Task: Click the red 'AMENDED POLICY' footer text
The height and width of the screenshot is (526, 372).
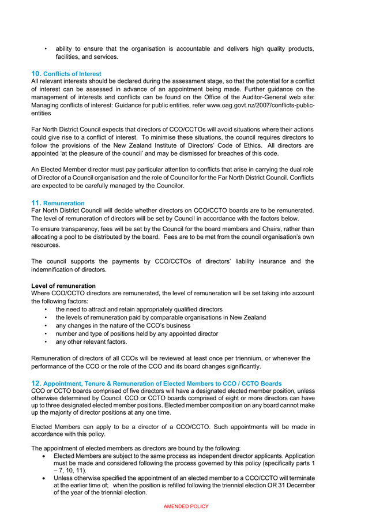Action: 186,506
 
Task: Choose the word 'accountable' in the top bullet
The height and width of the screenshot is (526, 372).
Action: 199,49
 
